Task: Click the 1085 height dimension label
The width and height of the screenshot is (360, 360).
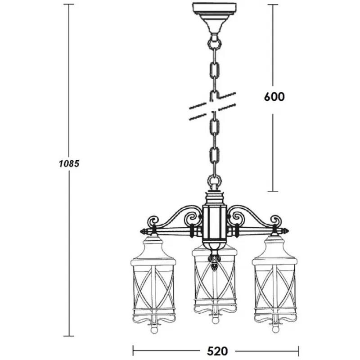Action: tap(69, 164)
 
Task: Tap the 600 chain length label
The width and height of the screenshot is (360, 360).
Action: tap(274, 97)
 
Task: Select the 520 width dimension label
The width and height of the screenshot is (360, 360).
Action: tap(217, 351)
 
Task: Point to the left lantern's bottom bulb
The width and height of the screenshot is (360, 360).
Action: tap(154, 330)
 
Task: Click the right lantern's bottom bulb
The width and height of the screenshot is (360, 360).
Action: tap(275, 329)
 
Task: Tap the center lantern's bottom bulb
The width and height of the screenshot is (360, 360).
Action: tap(215, 320)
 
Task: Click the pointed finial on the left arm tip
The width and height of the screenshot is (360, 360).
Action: tap(144, 231)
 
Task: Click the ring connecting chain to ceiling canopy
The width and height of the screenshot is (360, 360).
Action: tap(215, 43)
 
